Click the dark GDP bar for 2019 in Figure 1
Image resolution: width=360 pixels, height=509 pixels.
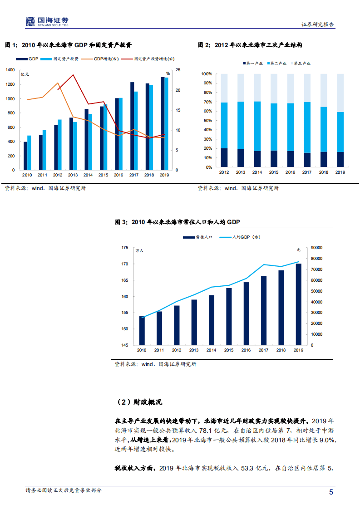point(163,123)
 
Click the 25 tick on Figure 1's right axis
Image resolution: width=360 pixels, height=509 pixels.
point(178,70)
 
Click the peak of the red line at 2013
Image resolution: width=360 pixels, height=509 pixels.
point(73,75)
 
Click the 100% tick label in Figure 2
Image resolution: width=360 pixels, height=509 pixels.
point(207,74)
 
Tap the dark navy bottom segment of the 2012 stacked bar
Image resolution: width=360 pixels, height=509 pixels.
point(224,157)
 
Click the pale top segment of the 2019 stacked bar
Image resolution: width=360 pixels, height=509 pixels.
point(340,93)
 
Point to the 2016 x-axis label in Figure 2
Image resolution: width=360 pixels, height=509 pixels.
point(291,172)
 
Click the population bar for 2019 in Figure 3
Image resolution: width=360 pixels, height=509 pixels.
point(298,304)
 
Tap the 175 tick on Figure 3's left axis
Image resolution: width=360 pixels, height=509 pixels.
point(124,248)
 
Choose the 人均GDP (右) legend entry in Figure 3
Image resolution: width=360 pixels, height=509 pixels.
point(245,237)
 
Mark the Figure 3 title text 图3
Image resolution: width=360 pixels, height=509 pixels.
point(121,222)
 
